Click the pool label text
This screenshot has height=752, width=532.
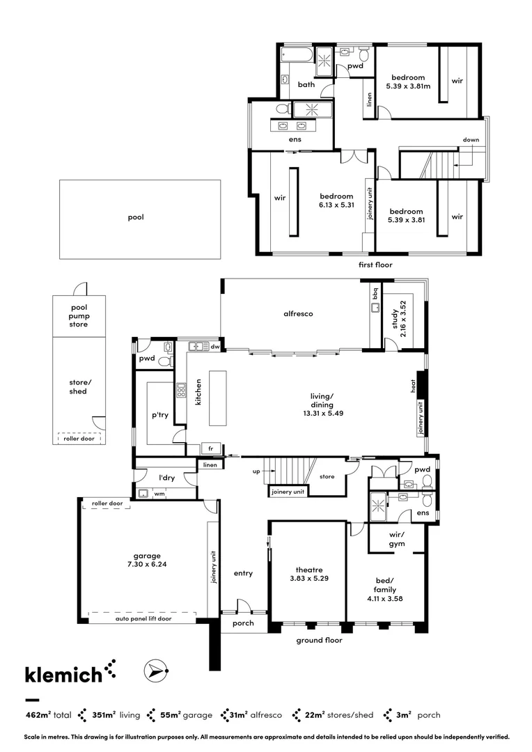tap(136, 217)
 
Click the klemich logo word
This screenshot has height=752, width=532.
tap(64, 674)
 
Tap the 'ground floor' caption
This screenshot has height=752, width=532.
tap(318, 640)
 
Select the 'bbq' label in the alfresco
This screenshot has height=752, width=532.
tap(374, 291)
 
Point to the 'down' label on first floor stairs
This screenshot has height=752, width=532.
tap(471, 140)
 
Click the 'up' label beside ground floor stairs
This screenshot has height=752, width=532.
tap(257, 471)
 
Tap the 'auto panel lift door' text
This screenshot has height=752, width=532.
tap(143, 618)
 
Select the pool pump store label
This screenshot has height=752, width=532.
tap(79, 315)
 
